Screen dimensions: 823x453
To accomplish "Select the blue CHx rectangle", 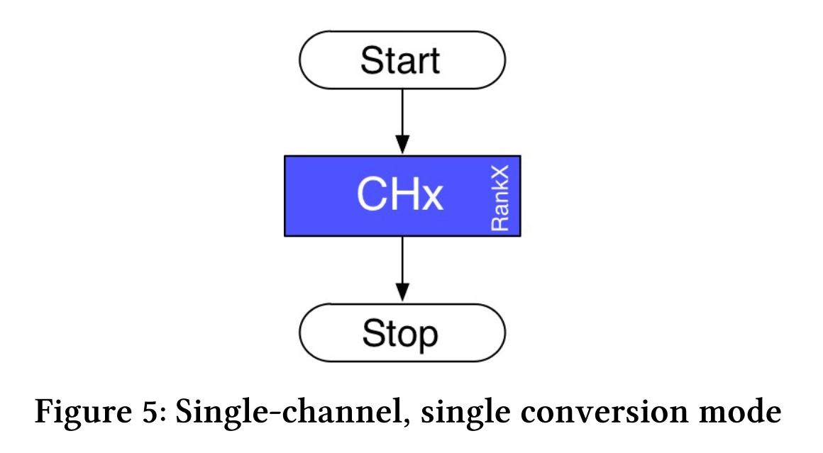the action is tap(402, 196).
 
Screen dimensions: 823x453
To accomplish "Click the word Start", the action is tap(400, 60).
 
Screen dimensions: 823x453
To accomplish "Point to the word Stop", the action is tap(400, 334).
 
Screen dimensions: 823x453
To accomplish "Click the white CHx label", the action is tap(400, 194).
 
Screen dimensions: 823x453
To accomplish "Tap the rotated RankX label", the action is tap(499, 198).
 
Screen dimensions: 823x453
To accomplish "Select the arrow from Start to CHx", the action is tap(402, 122).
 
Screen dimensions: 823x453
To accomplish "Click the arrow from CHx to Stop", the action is tap(402, 269).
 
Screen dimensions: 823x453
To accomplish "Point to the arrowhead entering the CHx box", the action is tap(402, 145).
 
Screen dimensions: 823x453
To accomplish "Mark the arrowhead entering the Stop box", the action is tap(402, 293).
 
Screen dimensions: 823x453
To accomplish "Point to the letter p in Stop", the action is tap(428, 338).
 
